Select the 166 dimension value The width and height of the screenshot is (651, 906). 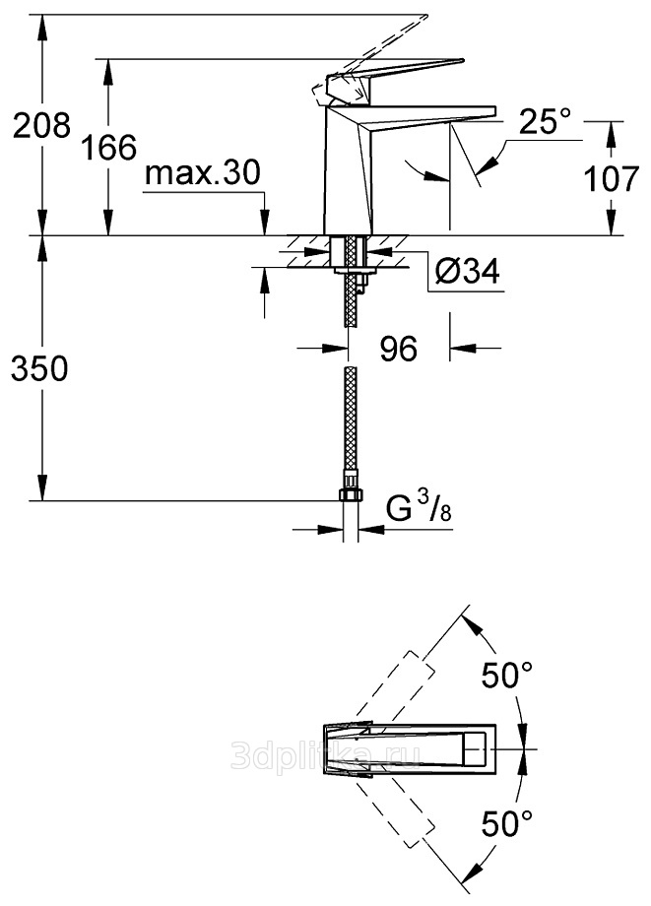coord(107,149)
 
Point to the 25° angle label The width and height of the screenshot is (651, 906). coord(545,122)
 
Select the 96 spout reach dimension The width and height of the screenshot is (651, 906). coord(398,348)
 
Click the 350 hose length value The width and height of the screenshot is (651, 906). coord(37,369)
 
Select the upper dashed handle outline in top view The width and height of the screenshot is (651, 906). coord(394,679)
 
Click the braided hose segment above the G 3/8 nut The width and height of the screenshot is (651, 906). coord(349,423)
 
